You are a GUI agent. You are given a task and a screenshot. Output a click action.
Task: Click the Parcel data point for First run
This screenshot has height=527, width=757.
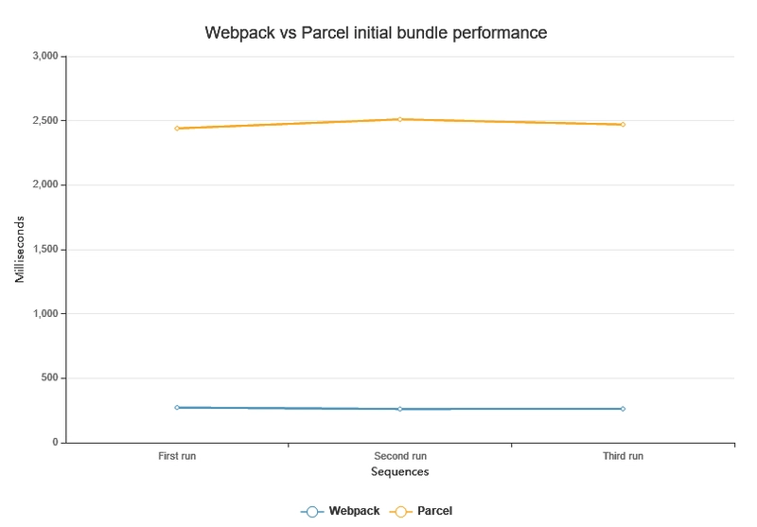(177, 128)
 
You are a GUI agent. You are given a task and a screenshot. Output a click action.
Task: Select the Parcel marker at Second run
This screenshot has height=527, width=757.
(400, 119)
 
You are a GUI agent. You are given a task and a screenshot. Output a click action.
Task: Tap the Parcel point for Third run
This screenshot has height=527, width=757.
(623, 124)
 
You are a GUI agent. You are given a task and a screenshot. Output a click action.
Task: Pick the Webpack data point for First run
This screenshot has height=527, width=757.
(177, 407)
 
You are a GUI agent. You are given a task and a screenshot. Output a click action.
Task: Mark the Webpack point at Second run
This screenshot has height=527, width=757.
(400, 409)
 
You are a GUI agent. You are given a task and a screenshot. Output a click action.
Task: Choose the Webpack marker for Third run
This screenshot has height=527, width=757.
(623, 409)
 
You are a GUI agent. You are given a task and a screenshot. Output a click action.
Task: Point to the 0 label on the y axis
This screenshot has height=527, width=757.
(56, 443)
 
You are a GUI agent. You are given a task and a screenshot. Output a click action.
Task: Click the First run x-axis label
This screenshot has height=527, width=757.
(177, 456)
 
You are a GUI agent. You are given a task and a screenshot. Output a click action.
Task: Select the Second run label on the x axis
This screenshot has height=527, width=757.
(400, 456)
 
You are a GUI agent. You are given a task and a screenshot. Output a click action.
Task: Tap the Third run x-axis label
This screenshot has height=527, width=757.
(623, 456)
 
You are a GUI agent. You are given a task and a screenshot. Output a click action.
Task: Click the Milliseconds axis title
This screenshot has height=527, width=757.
(20, 250)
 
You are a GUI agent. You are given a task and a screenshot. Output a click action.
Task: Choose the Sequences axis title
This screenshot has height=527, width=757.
(399, 471)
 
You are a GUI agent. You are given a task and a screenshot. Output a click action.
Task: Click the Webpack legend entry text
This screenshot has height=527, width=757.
(354, 511)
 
